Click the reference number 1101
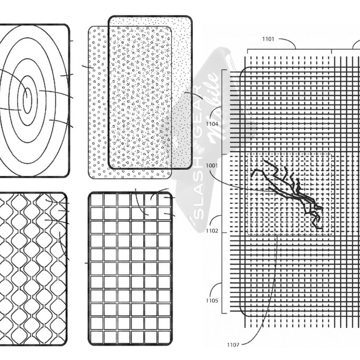268,39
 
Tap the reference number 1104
212,124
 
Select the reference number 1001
212,165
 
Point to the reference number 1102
212,231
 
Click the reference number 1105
212,300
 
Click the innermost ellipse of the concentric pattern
27,100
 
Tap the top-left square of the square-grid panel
96,200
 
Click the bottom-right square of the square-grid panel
164,338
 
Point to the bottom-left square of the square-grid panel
96,338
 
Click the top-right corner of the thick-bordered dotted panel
191,17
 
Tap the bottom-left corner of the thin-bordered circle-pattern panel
89,178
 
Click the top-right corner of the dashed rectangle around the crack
333,153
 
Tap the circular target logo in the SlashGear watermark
197,147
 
